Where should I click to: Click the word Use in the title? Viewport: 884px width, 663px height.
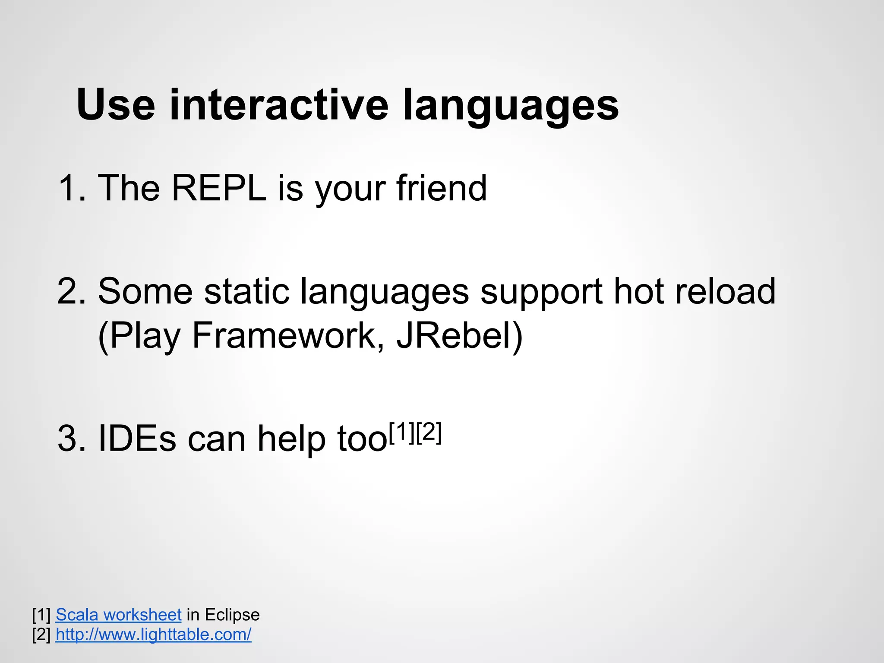(x=116, y=105)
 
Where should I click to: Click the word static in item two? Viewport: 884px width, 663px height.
(x=246, y=291)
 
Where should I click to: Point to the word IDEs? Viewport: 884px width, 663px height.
(x=137, y=439)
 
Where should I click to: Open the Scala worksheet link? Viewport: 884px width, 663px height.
(x=118, y=615)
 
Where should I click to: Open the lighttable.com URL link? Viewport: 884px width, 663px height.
(x=153, y=635)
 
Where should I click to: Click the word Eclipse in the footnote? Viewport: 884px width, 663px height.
(x=232, y=615)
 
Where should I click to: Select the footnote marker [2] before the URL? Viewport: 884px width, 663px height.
(x=41, y=635)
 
